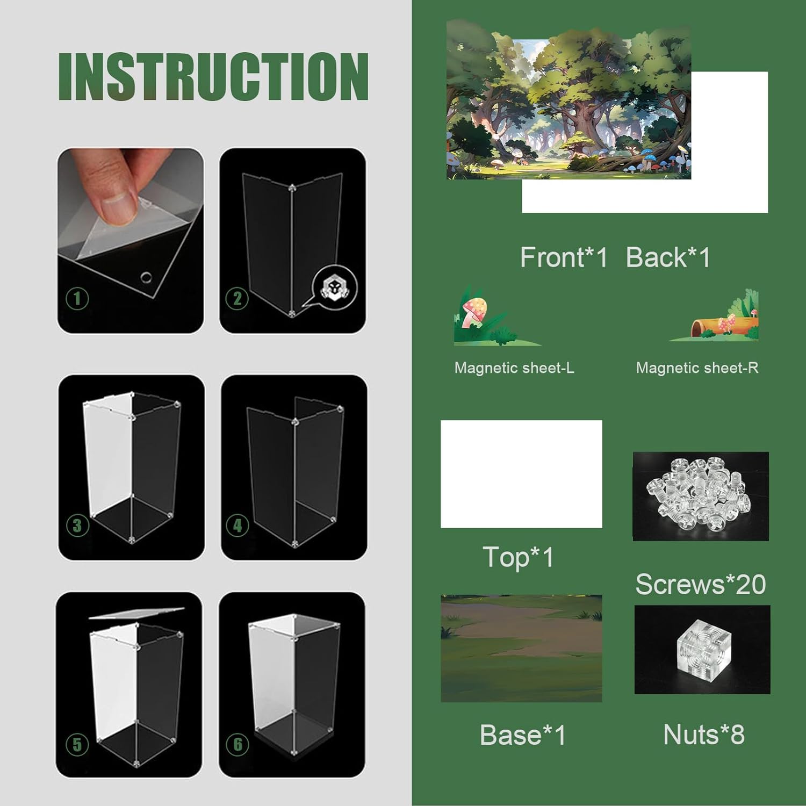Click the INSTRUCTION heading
point(213,76)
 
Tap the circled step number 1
point(77,298)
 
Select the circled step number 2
point(238,298)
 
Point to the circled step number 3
point(77,526)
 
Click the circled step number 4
point(238,526)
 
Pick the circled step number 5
point(77,744)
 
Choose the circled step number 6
point(238,744)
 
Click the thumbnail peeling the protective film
point(131,240)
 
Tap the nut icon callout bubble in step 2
point(334,289)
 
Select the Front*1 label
point(564,257)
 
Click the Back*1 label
point(668,257)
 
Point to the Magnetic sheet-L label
point(514,368)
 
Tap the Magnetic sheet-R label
point(697,368)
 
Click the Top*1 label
point(518,557)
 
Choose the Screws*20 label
point(701,584)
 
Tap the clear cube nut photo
point(702,650)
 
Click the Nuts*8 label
point(704,735)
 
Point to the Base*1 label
point(523,735)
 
